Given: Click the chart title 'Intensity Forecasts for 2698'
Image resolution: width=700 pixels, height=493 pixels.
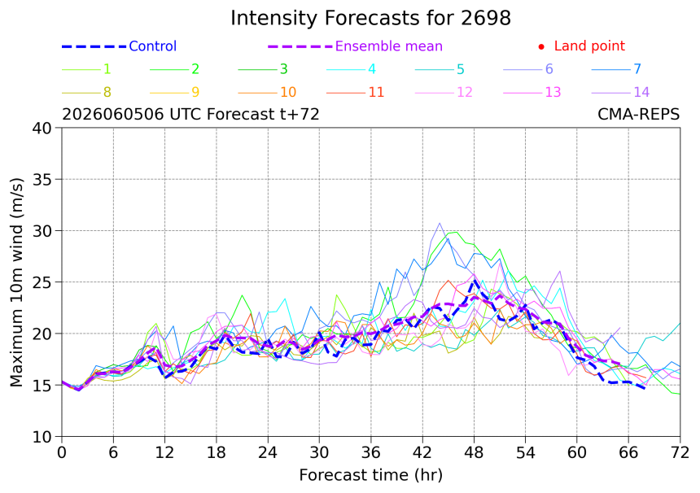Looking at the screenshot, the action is click(370, 18).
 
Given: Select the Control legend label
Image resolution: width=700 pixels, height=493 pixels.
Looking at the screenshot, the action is click(153, 46).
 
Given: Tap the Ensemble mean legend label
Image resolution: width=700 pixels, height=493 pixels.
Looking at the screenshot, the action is click(388, 46).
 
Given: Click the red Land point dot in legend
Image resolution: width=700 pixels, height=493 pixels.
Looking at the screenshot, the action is click(541, 46).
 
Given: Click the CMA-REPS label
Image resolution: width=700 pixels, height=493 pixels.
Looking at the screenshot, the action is click(638, 114).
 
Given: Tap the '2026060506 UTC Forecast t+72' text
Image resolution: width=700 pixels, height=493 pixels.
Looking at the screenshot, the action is click(190, 114).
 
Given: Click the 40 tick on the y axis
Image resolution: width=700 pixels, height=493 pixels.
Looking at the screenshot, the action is click(42, 128).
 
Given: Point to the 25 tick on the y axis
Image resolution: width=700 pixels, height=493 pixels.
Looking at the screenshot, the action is click(42, 282).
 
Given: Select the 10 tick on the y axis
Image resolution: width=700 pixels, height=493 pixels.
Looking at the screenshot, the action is click(42, 437).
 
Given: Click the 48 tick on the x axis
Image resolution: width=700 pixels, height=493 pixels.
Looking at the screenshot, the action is click(474, 453).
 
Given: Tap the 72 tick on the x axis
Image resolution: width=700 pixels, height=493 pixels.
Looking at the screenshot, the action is click(680, 453).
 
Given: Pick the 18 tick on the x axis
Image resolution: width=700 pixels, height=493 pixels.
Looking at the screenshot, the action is click(217, 453).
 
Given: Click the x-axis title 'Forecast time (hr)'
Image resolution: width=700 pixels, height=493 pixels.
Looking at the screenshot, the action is click(370, 475).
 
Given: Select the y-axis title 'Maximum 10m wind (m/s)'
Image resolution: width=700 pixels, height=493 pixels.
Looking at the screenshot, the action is click(16, 282).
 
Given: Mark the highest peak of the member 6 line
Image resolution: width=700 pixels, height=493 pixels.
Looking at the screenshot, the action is click(440, 223).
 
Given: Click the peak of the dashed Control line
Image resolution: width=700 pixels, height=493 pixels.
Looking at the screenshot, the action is click(474, 280).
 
